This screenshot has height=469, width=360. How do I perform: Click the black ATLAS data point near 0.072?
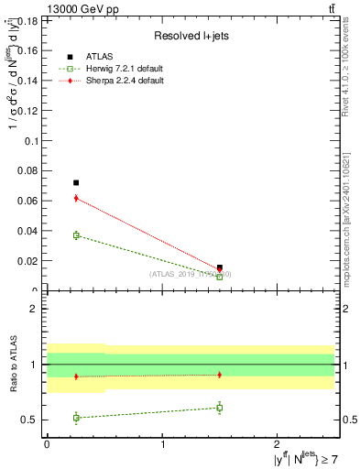76,182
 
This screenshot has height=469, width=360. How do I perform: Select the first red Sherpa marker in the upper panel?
76,198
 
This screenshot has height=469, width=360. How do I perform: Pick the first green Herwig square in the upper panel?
76,235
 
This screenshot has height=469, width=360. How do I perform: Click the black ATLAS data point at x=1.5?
220,267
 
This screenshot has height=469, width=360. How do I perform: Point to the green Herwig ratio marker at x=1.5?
220,408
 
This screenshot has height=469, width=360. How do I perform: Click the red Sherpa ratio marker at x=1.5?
220,375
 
